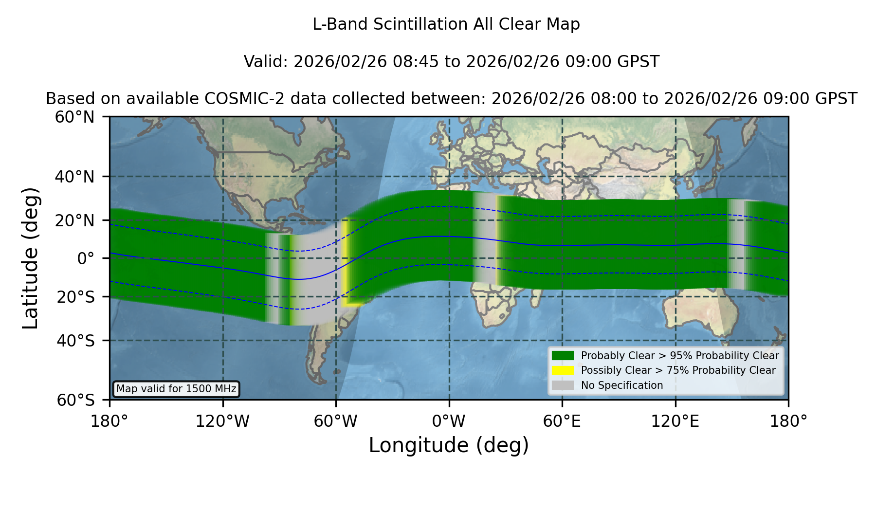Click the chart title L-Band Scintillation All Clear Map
446,24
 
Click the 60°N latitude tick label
74,117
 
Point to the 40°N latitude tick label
74,177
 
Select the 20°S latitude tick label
75,297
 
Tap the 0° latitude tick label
86,258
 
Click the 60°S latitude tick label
75,400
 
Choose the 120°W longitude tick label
222,421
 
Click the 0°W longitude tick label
449,421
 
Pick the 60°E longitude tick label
562,421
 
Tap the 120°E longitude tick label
675,421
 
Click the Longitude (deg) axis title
449,445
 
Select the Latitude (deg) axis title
30,258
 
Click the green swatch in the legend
563,355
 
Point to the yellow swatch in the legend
563,370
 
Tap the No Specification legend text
622,385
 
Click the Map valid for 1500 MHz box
176,389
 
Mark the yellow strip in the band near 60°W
345,263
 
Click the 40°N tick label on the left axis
74,177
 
